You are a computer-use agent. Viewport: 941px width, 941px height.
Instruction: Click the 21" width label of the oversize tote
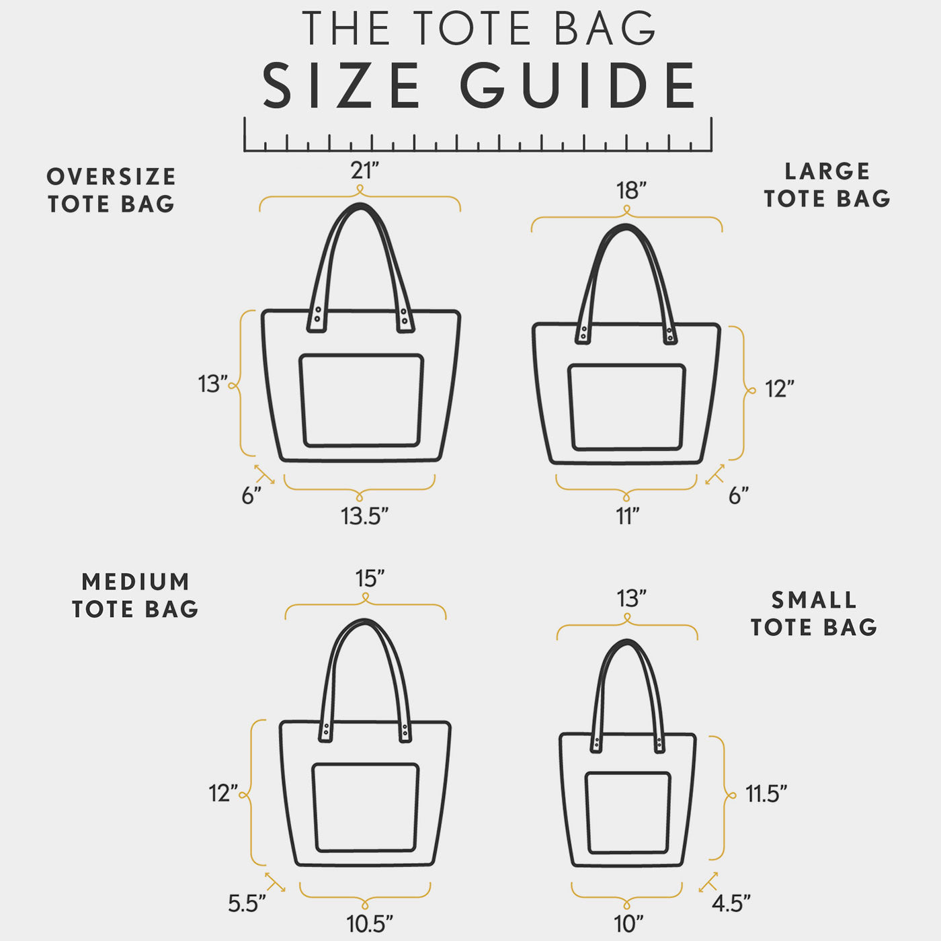(364, 171)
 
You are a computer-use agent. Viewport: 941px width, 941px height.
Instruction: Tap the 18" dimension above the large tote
(631, 190)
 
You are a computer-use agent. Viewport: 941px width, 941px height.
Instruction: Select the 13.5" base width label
(364, 516)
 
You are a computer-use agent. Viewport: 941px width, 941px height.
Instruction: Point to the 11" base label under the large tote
(628, 516)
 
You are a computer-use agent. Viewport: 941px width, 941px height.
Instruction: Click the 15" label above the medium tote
(370, 579)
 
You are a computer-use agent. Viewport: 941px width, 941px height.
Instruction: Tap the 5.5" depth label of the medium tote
(247, 903)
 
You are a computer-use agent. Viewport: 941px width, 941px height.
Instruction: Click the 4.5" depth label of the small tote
(731, 903)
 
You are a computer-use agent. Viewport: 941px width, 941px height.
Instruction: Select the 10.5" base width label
(370, 924)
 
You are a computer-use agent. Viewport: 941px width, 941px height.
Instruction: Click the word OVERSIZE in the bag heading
(112, 177)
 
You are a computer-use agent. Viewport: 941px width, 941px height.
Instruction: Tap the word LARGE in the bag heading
(827, 171)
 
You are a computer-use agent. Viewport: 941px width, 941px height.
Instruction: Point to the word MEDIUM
(135, 581)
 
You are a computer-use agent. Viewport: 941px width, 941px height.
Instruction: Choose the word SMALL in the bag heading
(814, 600)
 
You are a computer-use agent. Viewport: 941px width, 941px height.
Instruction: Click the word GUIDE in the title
(578, 85)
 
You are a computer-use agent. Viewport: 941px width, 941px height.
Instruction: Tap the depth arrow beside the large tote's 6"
(715, 474)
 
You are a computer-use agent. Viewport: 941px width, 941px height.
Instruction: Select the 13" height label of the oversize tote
(212, 384)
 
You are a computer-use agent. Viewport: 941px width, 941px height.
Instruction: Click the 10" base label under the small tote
(628, 924)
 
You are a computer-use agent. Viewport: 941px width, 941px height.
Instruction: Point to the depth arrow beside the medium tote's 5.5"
(276, 882)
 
